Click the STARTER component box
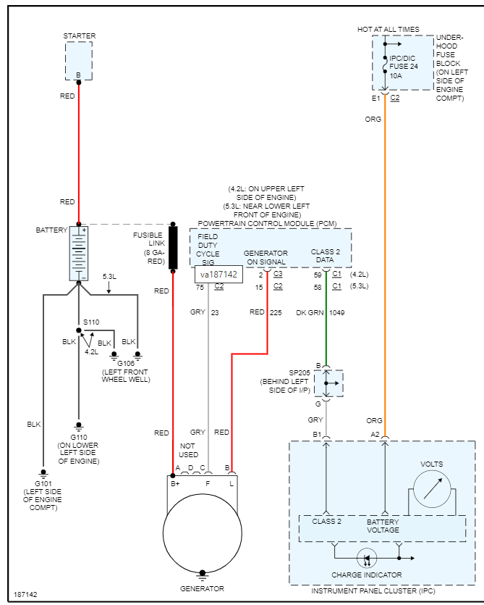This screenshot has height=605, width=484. (79, 60)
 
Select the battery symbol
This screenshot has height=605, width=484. (79, 253)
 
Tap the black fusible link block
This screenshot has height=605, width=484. (173, 248)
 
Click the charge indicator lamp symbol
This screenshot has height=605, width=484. (367, 559)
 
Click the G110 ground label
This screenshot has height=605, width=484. (79, 437)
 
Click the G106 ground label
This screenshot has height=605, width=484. (126, 364)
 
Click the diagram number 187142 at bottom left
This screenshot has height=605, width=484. (25, 595)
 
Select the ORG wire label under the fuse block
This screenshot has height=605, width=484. (373, 119)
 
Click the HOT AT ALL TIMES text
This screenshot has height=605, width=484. (388, 30)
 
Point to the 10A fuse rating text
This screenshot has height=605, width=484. (397, 75)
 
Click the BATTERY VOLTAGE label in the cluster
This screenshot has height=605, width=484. (383, 526)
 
